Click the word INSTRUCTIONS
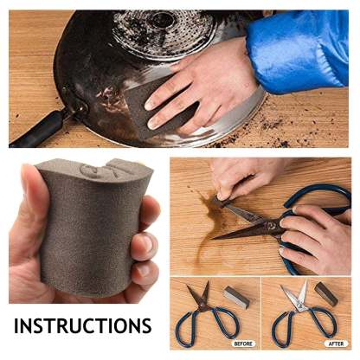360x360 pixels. pos(83,326)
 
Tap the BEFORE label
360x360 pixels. pos(243,344)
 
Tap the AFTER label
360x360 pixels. pos(337,344)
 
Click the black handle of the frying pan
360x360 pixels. pos(37,129)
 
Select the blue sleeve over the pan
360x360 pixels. pos(297,50)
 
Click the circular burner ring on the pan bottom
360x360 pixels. pos(164,32)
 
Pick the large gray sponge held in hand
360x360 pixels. pos(93,225)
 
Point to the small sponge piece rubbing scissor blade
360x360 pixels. pos(222,202)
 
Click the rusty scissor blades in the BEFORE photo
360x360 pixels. pos(199,294)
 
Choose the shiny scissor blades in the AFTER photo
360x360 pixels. pos(294,294)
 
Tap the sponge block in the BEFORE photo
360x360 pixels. pos(236,297)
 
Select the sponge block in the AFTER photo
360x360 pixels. pos(326,293)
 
